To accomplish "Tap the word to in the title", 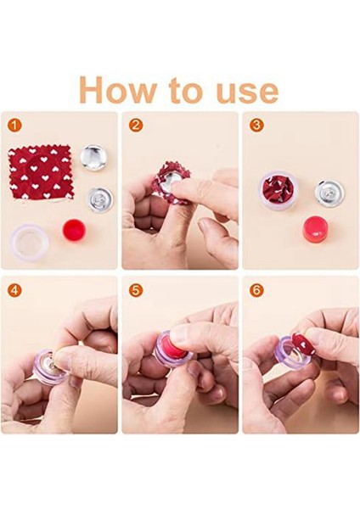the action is click(188, 90).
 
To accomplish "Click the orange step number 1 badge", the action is click(14, 126).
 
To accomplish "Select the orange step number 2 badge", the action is click(136, 126).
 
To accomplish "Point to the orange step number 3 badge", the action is click(256, 126).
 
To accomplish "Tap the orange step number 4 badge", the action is click(14, 290).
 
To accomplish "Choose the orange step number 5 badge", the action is click(136, 290).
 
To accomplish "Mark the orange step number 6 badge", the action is click(256, 290).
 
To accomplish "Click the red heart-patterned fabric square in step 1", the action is click(41, 173).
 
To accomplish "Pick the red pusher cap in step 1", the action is click(74, 231).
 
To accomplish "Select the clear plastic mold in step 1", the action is click(29, 242).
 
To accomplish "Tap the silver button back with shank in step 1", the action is click(100, 199).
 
